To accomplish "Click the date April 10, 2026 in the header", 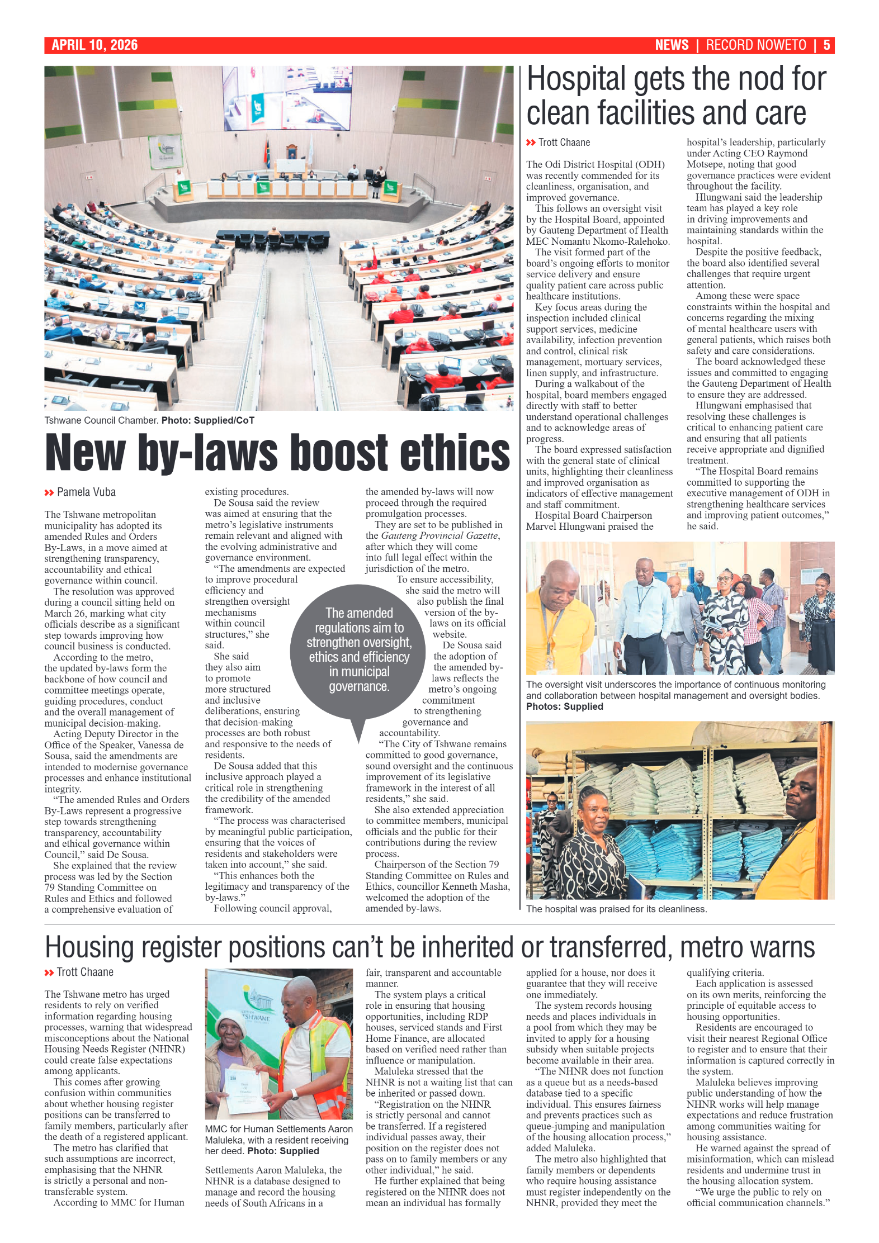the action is point(94,45).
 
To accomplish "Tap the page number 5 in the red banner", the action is point(826,45).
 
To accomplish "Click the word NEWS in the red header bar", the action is point(672,45).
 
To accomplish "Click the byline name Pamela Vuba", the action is point(86,492).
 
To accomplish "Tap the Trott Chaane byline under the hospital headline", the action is point(564,143).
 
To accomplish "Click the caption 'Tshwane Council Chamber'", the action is point(101,420).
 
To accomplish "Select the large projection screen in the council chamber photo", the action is point(279,95).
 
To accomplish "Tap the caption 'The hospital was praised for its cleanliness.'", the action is point(616,909).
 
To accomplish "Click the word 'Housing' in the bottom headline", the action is point(90,948).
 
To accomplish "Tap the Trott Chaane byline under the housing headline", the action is point(85,972).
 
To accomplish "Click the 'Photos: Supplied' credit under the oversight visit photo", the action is point(564,706).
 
